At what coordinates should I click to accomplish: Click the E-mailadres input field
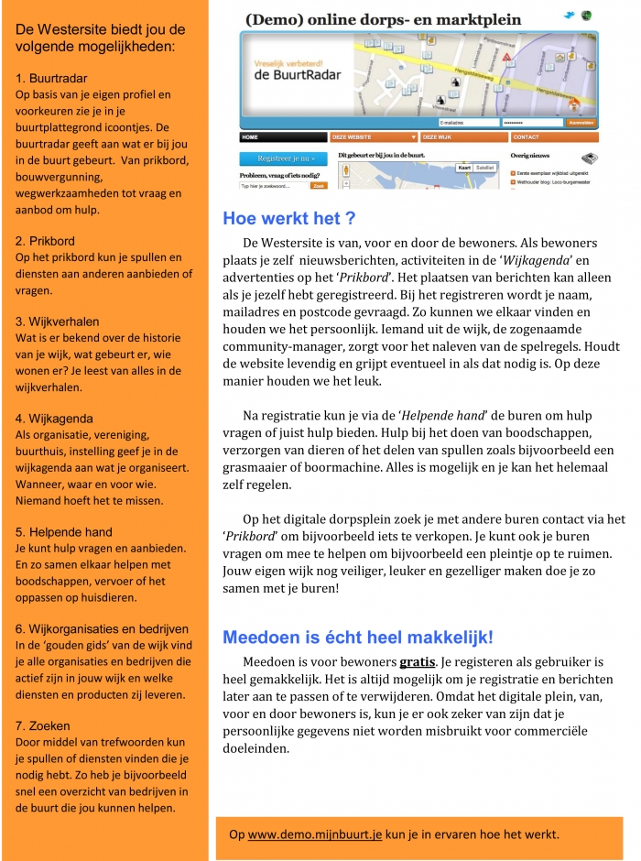[468, 122]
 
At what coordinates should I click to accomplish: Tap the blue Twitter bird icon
[569, 16]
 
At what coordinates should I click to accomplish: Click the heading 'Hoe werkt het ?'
[288, 219]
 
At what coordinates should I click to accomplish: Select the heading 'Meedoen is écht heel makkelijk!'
[358, 638]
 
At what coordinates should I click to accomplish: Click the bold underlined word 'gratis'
[417, 661]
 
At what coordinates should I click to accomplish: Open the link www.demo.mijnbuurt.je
[315, 834]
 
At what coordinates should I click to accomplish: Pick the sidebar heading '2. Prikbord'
[46, 241]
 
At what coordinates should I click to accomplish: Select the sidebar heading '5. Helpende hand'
[64, 531]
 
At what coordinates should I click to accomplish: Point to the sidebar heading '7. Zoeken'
[43, 725]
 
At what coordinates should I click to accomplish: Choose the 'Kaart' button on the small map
[464, 168]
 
